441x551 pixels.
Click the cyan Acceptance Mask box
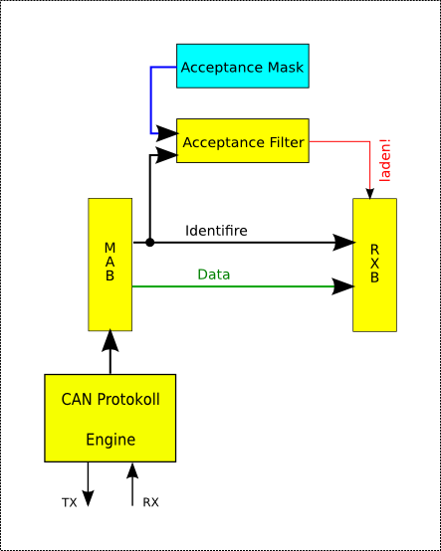[x=243, y=67]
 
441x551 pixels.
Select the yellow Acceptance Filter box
[x=243, y=141]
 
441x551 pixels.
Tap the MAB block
[x=110, y=265]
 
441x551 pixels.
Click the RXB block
[x=374, y=265]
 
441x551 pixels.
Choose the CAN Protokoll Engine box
[x=110, y=419]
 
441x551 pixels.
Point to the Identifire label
[x=216, y=231]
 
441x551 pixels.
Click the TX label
[x=70, y=503]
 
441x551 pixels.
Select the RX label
[x=150, y=503]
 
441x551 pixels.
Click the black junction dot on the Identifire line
[x=149, y=242]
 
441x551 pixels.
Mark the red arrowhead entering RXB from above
[x=370, y=192]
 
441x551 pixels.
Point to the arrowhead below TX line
[x=87, y=499]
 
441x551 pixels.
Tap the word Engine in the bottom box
[x=110, y=439]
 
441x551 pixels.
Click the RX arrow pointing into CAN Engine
[x=132, y=477]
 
